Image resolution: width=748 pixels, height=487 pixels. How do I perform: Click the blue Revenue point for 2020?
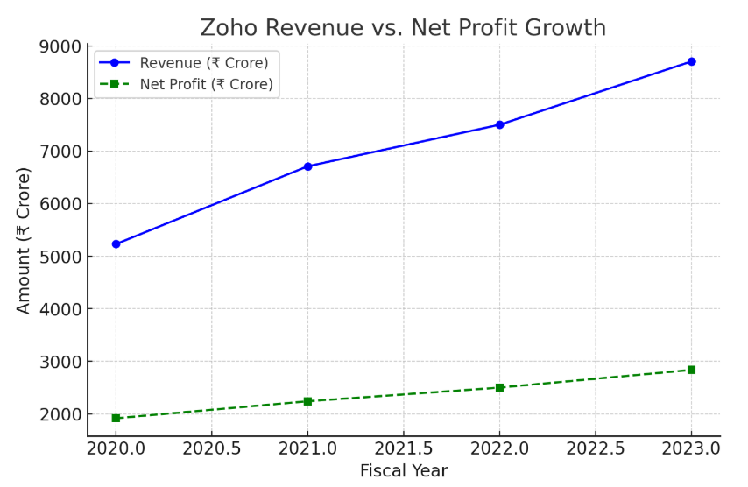[116, 244]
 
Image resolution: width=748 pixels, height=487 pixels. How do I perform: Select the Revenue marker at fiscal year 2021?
[307, 166]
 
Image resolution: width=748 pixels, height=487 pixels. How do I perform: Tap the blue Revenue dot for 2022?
[499, 124]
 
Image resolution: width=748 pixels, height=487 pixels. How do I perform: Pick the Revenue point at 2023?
[691, 61]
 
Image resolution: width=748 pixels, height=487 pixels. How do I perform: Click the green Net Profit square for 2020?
[116, 418]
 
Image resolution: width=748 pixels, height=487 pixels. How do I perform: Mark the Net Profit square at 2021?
[307, 401]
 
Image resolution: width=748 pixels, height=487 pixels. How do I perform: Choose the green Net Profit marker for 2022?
[499, 387]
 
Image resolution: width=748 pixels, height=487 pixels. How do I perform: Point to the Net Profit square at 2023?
[691, 370]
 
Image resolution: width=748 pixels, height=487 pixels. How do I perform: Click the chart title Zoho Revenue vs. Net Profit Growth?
[403, 28]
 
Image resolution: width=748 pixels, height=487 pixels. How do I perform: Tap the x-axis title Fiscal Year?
[404, 471]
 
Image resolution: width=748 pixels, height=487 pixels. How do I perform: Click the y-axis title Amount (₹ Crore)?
[24, 240]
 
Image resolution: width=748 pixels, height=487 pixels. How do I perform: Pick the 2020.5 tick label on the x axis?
[211, 448]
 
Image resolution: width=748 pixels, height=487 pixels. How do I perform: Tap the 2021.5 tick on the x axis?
[403, 448]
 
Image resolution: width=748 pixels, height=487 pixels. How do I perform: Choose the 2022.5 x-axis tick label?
[595, 448]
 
